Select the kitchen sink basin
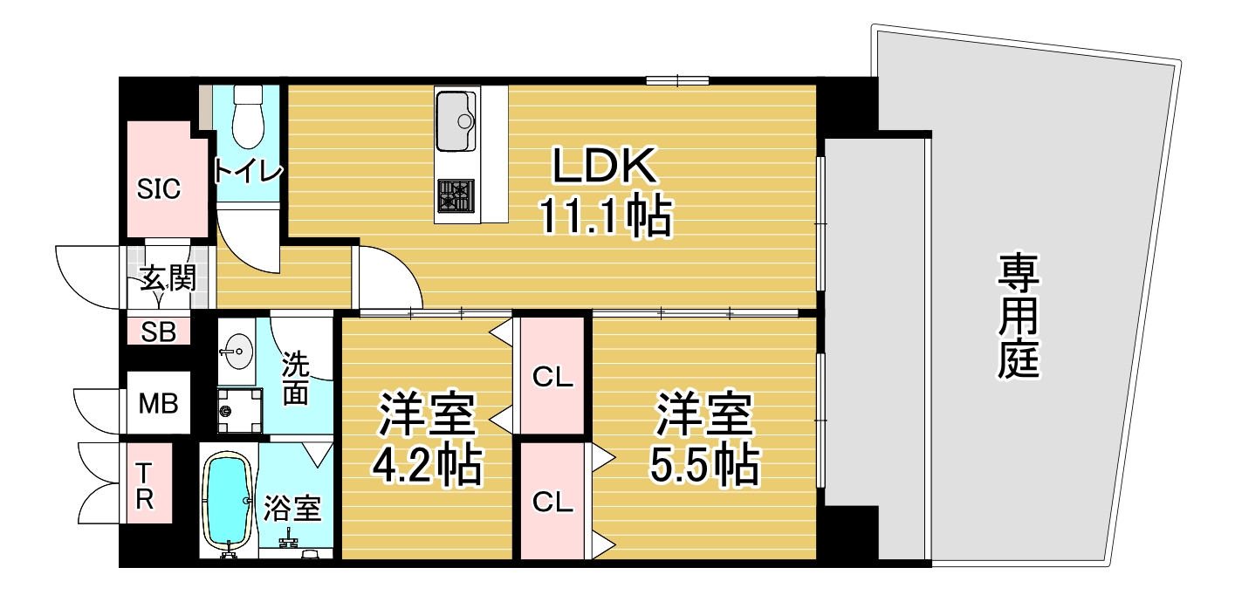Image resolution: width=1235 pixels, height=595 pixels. [x=456, y=120]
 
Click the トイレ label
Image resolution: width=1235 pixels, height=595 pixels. [x=249, y=171]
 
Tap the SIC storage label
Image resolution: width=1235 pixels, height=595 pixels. [x=159, y=188]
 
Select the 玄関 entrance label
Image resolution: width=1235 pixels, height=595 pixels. [x=167, y=280]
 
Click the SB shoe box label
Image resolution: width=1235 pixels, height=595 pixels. [x=159, y=332]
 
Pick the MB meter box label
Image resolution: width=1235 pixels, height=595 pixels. [x=159, y=403]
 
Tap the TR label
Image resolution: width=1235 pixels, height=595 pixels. [x=145, y=485]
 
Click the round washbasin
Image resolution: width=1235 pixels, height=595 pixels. [x=236, y=353]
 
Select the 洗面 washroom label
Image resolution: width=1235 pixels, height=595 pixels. [x=295, y=378]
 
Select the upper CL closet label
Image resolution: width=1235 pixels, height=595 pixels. [x=552, y=378]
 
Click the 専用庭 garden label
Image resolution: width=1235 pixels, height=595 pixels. [x=1019, y=316]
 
